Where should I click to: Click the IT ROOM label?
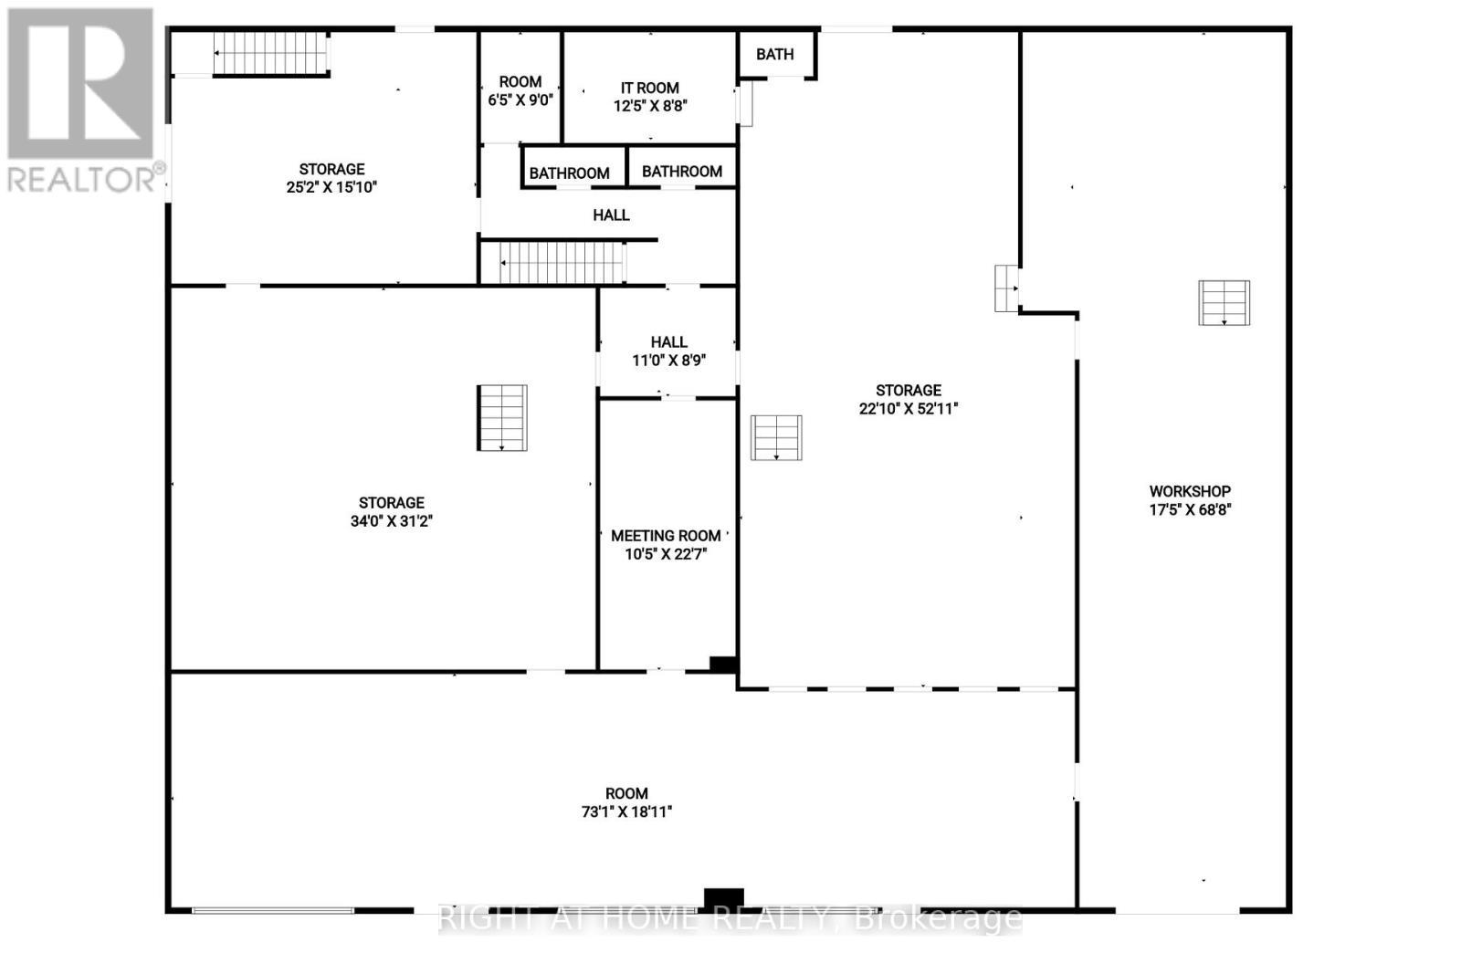pos(650,88)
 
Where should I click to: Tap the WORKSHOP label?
pos(1190,491)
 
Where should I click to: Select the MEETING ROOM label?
pos(666,536)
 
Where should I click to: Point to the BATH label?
pos(774,55)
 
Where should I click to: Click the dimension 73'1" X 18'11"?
pos(626,812)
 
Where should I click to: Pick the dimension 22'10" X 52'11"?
pos(908,409)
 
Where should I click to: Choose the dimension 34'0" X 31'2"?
pos(391,521)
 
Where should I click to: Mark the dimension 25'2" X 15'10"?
pos(331,187)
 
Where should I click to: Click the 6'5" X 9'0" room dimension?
pos(520,99)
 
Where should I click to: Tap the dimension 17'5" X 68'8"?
pos(1190,509)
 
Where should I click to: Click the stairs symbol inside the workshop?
pos(1224,302)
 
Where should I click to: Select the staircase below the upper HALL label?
pos(562,263)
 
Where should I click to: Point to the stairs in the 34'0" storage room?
pos(502,418)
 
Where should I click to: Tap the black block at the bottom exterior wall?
pos(723,898)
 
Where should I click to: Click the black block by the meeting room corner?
pos(723,665)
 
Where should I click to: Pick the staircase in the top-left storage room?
pos(270,54)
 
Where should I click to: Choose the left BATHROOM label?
pos(569,173)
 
